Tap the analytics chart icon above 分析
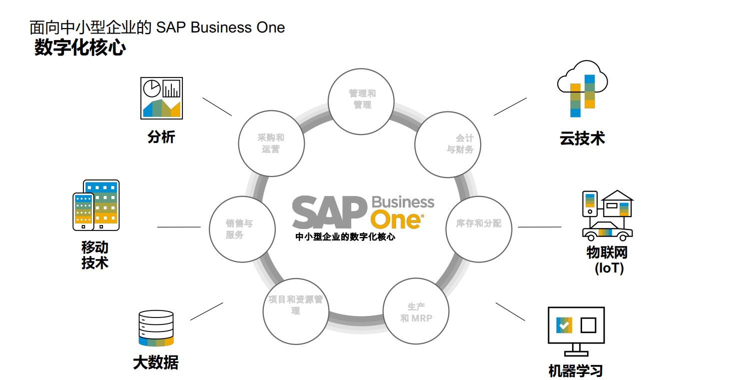click(x=161, y=97)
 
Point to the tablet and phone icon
click(x=96, y=205)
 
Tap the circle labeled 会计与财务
click(x=448, y=143)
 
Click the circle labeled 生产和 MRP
click(x=416, y=311)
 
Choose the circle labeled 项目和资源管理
click(x=296, y=311)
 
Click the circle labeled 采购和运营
click(x=271, y=143)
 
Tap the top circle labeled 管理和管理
click(x=360, y=99)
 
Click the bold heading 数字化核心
click(x=80, y=48)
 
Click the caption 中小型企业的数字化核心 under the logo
click(x=345, y=237)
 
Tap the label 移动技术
click(x=95, y=255)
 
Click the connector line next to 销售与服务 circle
click(x=178, y=227)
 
